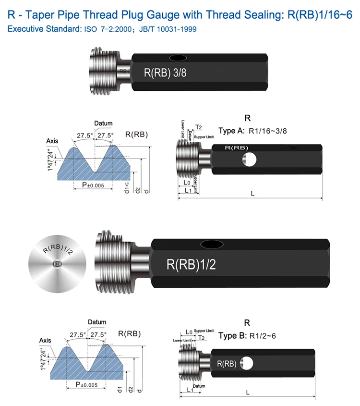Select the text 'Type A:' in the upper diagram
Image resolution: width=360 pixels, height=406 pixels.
point(232,131)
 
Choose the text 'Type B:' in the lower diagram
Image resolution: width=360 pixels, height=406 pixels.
point(232,336)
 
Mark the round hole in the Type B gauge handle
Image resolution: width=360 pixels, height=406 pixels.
point(246,363)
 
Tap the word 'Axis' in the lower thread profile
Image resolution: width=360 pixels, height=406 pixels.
point(45,340)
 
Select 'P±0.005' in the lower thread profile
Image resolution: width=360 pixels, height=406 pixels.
point(86,384)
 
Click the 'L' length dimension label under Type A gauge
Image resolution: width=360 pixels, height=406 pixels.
point(253,193)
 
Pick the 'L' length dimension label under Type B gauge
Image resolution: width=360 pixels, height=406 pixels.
point(248,392)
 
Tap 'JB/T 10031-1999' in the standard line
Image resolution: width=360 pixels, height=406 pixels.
point(170,29)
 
